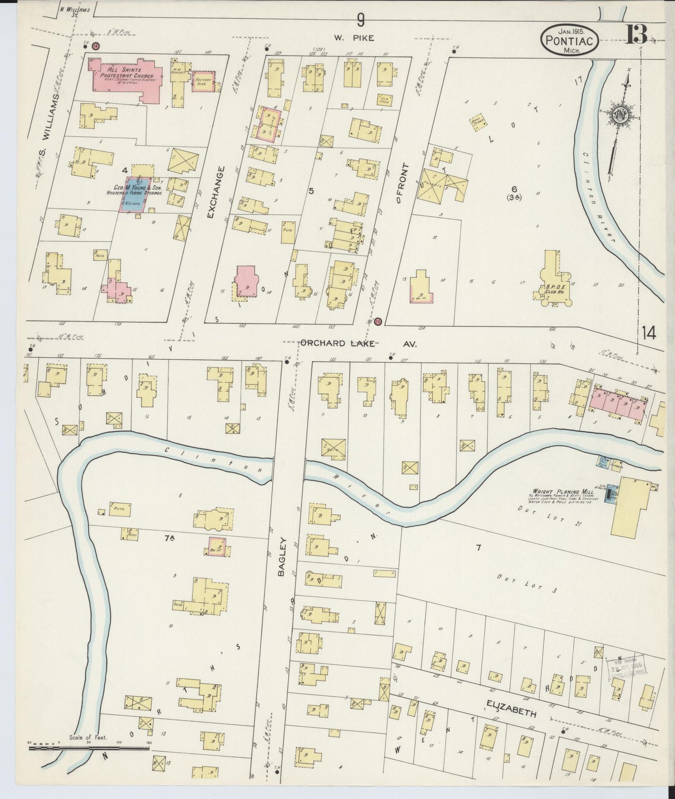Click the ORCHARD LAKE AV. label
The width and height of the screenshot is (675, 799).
coord(358,343)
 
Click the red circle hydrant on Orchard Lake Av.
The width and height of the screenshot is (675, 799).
coord(378,321)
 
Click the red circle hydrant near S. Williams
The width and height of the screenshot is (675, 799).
coord(95,46)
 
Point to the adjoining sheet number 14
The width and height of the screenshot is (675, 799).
coord(648,333)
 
